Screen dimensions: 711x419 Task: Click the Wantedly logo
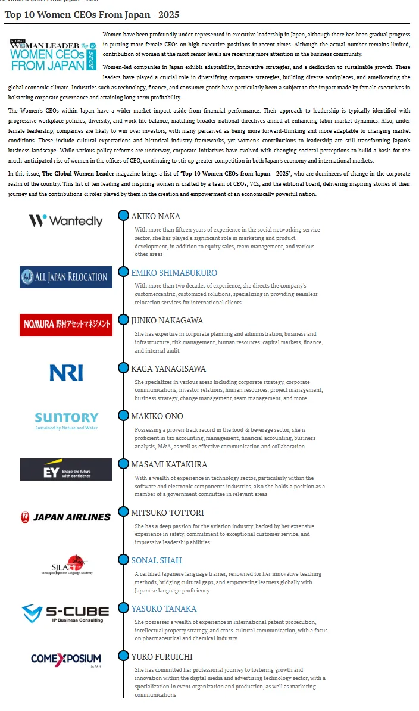65,221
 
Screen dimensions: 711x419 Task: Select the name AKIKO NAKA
155,216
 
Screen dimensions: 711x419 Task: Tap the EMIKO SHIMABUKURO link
174,273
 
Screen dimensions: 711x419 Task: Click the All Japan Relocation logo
65,277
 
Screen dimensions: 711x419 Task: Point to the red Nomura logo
65,325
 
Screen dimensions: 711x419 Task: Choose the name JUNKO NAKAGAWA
167,320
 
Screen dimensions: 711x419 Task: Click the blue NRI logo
66,373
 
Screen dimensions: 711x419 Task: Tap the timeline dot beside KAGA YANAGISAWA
123,367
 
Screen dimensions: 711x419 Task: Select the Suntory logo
66,420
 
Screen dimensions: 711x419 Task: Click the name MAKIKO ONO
157,416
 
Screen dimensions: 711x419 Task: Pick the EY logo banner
65,469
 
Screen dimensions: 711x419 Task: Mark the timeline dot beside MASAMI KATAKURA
123,464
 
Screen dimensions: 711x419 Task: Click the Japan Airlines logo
65,517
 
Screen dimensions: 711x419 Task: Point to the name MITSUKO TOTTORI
167,513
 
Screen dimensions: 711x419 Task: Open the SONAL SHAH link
156,560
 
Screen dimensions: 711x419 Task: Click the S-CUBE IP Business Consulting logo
65,613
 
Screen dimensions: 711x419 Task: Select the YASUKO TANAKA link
164,609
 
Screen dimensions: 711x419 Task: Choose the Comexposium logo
65,659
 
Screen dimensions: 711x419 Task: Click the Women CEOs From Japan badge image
53,55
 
